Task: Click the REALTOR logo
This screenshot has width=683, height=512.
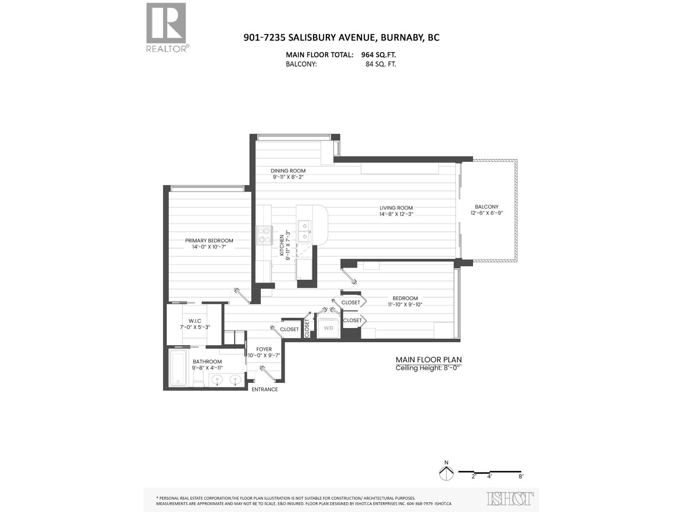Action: (x=166, y=27)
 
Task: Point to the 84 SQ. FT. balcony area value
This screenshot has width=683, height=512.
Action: (x=378, y=64)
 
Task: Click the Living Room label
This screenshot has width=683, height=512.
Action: (x=396, y=208)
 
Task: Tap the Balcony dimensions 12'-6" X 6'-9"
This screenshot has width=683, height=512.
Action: (x=487, y=213)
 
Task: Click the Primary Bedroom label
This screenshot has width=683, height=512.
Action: (x=209, y=241)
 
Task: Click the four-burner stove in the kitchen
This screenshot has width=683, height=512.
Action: (x=265, y=235)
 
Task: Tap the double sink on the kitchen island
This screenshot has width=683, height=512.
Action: (x=305, y=230)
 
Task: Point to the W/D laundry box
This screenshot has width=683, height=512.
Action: (x=328, y=328)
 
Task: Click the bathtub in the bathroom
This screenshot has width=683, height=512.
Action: (x=177, y=367)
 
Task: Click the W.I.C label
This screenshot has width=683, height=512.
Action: (x=195, y=321)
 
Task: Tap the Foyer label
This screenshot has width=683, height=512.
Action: (x=264, y=349)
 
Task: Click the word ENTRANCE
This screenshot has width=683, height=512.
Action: (x=265, y=389)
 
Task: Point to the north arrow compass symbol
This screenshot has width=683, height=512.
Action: (x=446, y=472)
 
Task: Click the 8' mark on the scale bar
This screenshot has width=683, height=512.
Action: (x=521, y=477)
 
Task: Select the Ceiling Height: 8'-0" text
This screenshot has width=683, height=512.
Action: (x=429, y=368)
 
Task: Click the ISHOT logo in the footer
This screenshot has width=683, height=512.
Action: (x=510, y=499)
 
